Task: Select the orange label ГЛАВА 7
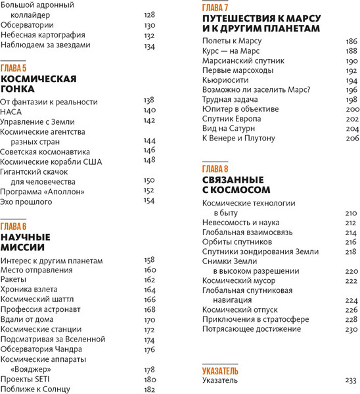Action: (215, 7)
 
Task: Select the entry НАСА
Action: (11, 112)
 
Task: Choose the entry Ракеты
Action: (14, 280)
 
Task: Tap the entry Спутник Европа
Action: (231, 119)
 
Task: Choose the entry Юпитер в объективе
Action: (240, 109)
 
